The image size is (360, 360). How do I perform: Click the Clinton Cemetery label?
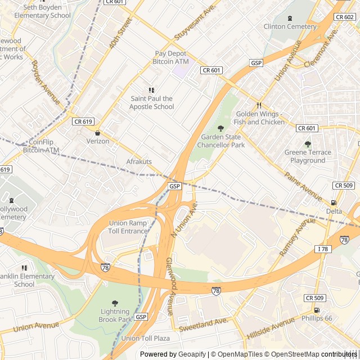(290, 26)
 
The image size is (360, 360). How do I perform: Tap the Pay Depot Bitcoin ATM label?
(171, 57)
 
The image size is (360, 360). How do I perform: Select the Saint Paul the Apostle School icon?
(151, 90)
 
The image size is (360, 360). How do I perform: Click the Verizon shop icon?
(98, 133)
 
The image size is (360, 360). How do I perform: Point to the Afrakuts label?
(139, 161)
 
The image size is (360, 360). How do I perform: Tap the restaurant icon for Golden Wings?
(259, 105)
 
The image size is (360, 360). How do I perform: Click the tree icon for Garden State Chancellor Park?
(220, 128)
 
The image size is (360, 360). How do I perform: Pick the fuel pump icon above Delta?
(334, 202)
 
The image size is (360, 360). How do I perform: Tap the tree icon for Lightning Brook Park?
(115, 303)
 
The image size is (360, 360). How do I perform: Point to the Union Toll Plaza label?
(145, 338)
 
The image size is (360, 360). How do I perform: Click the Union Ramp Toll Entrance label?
(128, 227)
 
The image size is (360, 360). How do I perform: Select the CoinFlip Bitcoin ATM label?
(40, 146)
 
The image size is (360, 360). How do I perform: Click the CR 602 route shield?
(344, 17)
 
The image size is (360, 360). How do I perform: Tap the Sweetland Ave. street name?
(203, 324)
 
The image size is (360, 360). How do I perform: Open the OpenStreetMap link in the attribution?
(292, 354)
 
